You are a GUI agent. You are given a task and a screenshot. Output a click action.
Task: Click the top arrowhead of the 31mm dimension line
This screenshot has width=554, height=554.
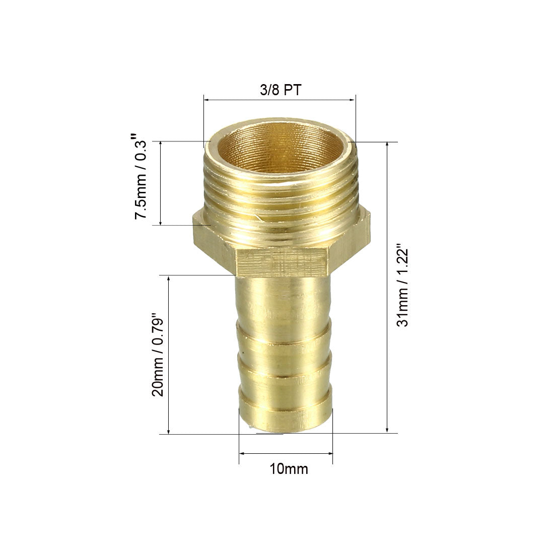pyautogui.click(x=387, y=145)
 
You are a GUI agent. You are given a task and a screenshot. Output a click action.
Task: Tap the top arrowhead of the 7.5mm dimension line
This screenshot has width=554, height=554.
pyautogui.click(x=161, y=145)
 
